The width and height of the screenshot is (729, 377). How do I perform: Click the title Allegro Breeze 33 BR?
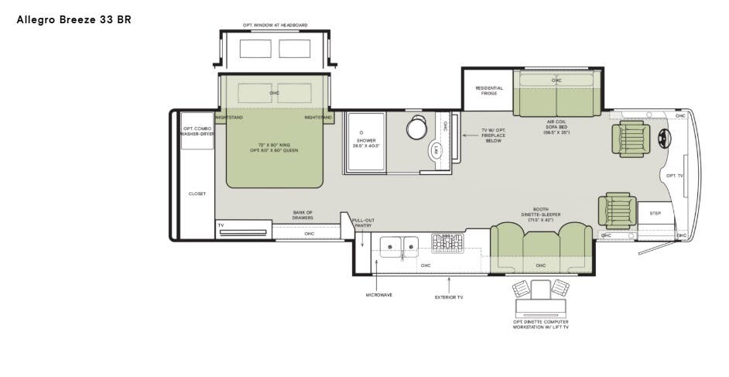[74, 19]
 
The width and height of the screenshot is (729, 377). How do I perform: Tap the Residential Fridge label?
[488, 91]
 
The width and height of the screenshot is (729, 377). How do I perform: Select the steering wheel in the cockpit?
[664, 138]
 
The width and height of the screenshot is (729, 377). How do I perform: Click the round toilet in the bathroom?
[416, 129]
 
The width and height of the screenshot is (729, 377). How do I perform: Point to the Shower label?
[365, 142]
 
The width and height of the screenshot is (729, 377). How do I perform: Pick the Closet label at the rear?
[197, 194]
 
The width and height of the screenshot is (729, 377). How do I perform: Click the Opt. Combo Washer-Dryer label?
[197, 131]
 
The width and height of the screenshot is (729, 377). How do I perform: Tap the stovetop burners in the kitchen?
[447, 243]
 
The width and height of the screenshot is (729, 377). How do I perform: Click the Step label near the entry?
[655, 213]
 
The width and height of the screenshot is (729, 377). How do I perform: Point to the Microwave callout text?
[378, 295]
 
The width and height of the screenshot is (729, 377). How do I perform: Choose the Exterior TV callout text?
[449, 296]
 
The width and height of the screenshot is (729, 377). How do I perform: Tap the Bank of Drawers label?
[303, 215]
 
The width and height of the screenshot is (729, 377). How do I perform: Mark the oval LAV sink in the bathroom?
[436, 150]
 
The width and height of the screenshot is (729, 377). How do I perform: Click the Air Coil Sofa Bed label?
[556, 127]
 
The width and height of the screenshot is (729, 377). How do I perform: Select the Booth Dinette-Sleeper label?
[541, 214]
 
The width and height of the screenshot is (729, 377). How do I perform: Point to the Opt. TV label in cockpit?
[674, 176]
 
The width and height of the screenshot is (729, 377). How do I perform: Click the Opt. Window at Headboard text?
[275, 26]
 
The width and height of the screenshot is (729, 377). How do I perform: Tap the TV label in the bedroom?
[221, 225]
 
